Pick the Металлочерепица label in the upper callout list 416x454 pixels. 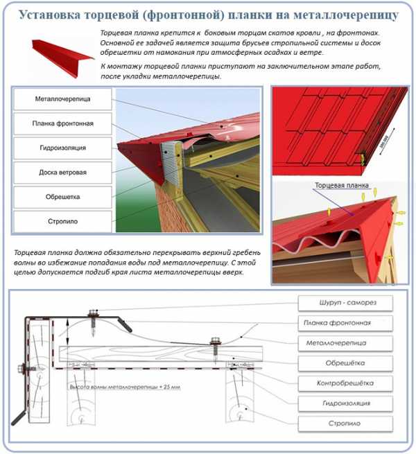(62, 99)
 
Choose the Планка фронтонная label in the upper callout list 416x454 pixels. (62, 123)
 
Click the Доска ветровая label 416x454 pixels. (62, 172)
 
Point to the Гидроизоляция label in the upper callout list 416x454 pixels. (62, 148)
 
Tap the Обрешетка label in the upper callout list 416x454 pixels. (62, 197)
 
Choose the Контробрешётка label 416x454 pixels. (345, 383)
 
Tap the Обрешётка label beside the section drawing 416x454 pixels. (345, 363)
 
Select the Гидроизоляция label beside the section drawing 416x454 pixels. (345, 403)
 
